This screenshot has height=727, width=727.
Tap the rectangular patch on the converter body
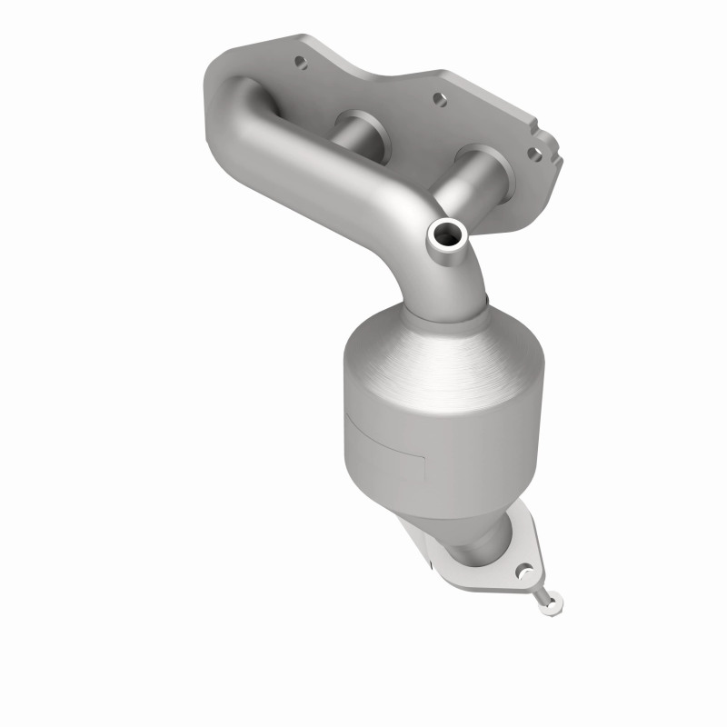coord(386,434)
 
